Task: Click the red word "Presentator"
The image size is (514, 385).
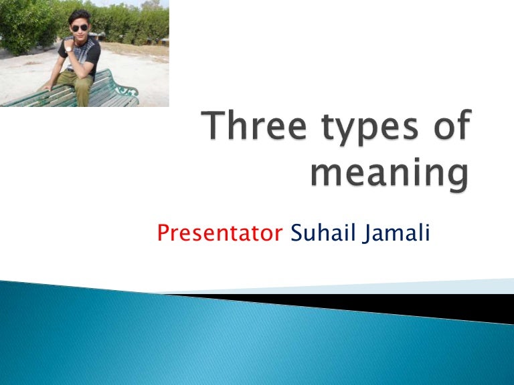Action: [220, 235]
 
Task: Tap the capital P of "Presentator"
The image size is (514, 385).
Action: [163, 234]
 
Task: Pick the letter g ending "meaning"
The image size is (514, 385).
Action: [454, 179]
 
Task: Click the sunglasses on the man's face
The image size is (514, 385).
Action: [80, 28]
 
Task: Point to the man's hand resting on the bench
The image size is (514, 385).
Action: [45, 88]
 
